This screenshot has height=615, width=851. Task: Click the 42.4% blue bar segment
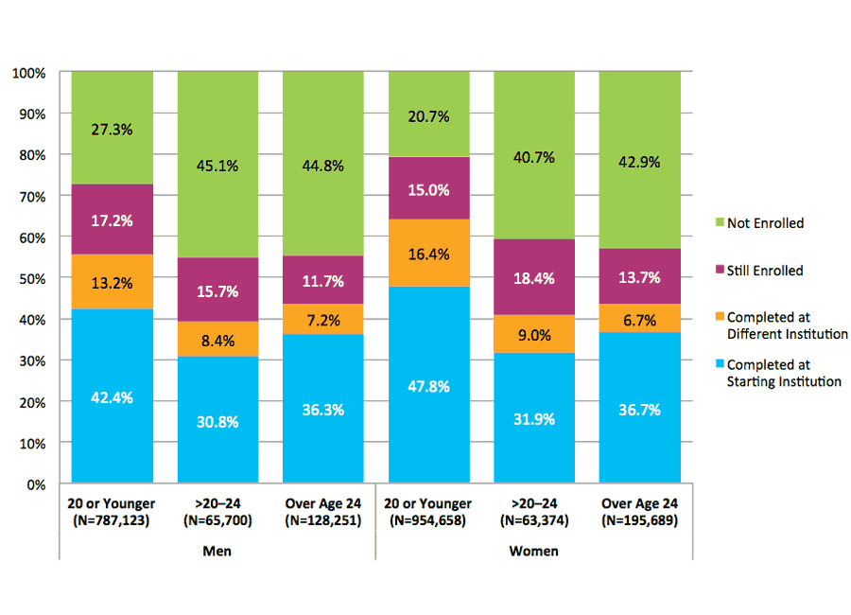point(113,396)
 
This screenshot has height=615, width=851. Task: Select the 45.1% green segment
point(218,165)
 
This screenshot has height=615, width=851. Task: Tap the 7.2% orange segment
point(323,319)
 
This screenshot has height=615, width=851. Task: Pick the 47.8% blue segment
point(428,385)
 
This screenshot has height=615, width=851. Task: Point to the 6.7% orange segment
point(639,319)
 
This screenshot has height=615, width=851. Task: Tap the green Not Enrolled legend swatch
point(719,223)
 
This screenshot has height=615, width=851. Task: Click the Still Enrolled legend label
point(765,271)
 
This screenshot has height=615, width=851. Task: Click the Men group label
point(217,551)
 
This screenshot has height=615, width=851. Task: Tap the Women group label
point(534,551)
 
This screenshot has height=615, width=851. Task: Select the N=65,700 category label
point(218,518)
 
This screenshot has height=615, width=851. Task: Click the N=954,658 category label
point(428,518)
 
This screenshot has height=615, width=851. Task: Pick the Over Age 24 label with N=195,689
point(639,512)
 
